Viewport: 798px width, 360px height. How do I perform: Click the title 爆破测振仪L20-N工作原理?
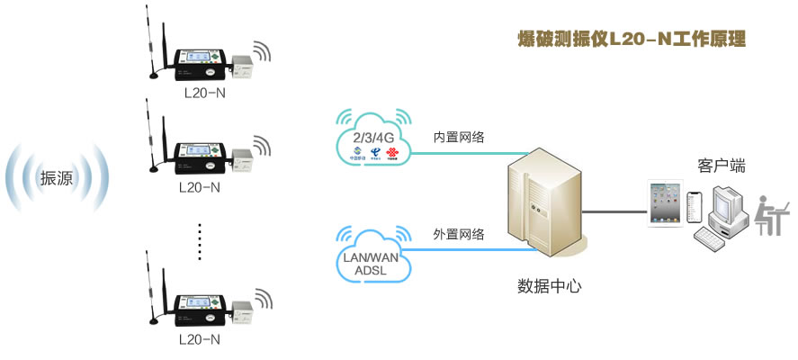(x=631, y=40)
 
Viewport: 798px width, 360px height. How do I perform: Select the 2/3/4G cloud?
(x=372, y=137)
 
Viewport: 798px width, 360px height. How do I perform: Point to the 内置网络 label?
(x=459, y=137)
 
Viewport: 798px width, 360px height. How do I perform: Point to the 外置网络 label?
(x=459, y=235)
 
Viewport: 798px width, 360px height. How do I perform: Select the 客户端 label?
(x=722, y=166)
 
